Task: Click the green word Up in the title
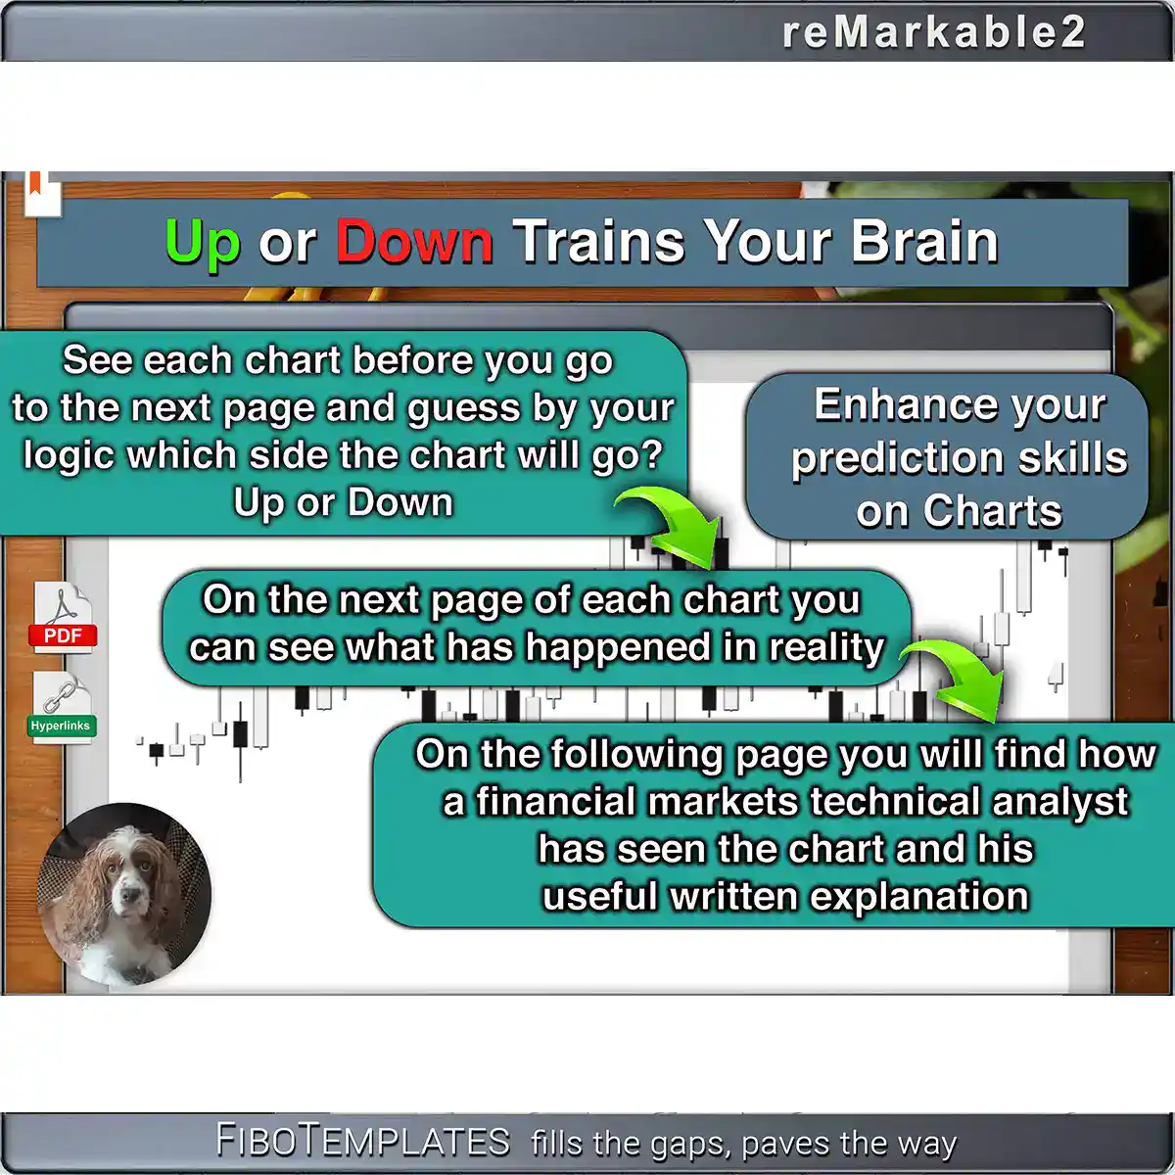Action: coord(203,244)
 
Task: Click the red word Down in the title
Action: coord(414,242)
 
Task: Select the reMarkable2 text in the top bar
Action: coord(933,31)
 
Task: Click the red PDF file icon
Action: coord(63,617)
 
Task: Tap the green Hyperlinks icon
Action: coord(62,708)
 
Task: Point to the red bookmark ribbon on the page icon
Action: coord(35,182)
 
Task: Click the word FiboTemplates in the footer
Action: coord(363,1141)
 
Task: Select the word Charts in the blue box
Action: coord(992,510)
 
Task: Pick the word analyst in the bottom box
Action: coord(1060,801)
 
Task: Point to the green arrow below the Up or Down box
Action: coord(671,526)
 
